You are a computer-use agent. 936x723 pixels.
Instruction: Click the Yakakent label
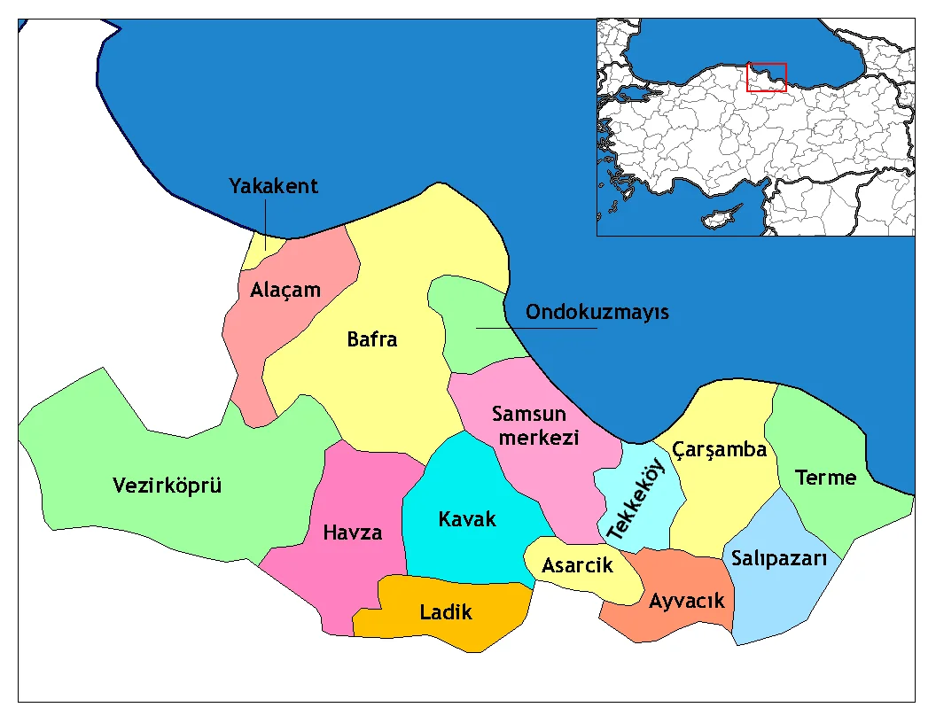point(273,187)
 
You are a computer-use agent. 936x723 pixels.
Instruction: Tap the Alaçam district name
point(285,290)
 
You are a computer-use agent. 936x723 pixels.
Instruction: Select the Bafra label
point(372,339)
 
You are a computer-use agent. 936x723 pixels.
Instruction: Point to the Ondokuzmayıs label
point(597,313)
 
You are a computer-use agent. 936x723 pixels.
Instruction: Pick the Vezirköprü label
point(168,486)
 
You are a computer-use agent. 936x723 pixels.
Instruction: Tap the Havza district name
point(353,533)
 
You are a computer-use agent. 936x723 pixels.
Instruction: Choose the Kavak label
point(467,519)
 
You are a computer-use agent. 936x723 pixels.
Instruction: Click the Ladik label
point(446,611)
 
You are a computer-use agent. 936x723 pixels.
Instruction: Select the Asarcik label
point(577,565)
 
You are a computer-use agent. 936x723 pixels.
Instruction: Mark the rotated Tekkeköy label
point(636,501)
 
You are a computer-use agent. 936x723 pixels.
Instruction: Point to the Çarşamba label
point(719,450)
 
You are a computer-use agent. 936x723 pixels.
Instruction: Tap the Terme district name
point(825,478)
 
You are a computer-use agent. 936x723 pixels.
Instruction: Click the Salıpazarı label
point(779,559)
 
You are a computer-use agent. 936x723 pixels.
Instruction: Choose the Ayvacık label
point(686,601)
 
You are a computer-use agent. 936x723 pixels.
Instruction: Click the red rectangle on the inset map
point(766,77)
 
